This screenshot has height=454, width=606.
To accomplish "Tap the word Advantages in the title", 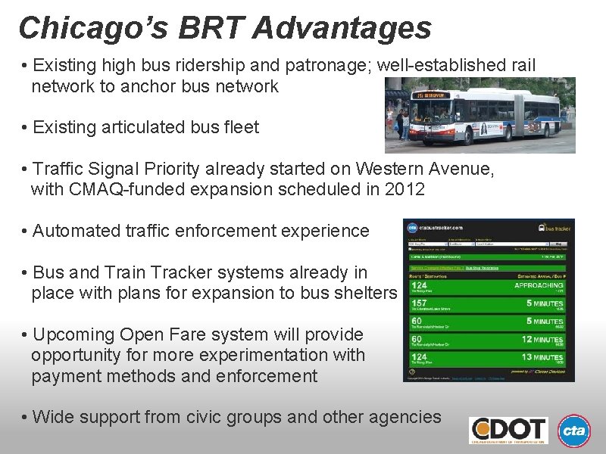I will pyautogui.click(x=342, y=28).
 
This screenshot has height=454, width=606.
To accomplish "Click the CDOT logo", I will pyautogui.click(x=508, y=431).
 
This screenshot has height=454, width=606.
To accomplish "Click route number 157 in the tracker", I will pyautogui.click(x=419, y=303).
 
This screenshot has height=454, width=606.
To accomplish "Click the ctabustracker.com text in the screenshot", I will pyautogui.click(x=448, y=227).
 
